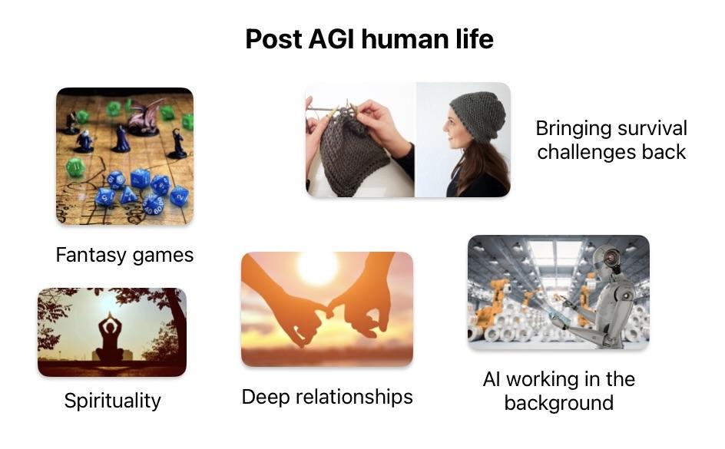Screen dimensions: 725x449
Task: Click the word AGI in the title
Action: [x=331, y=39]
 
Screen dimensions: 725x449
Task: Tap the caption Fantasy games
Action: [x=124, y=255]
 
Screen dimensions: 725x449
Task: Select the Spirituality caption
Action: [x=112, y=401]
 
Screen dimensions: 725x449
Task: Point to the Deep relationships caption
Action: [x=327, y=398]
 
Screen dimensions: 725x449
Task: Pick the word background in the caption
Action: [x=558, y=403]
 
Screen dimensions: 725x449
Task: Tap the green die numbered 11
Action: [x=75, y=167]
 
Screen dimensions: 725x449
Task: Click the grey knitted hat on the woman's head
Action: [x=478, y=115]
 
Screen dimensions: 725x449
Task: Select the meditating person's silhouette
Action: [x=110, y=338]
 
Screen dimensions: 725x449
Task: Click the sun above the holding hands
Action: [x=318, y=266]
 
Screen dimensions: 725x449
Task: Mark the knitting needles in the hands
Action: [x=332, y=109]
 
